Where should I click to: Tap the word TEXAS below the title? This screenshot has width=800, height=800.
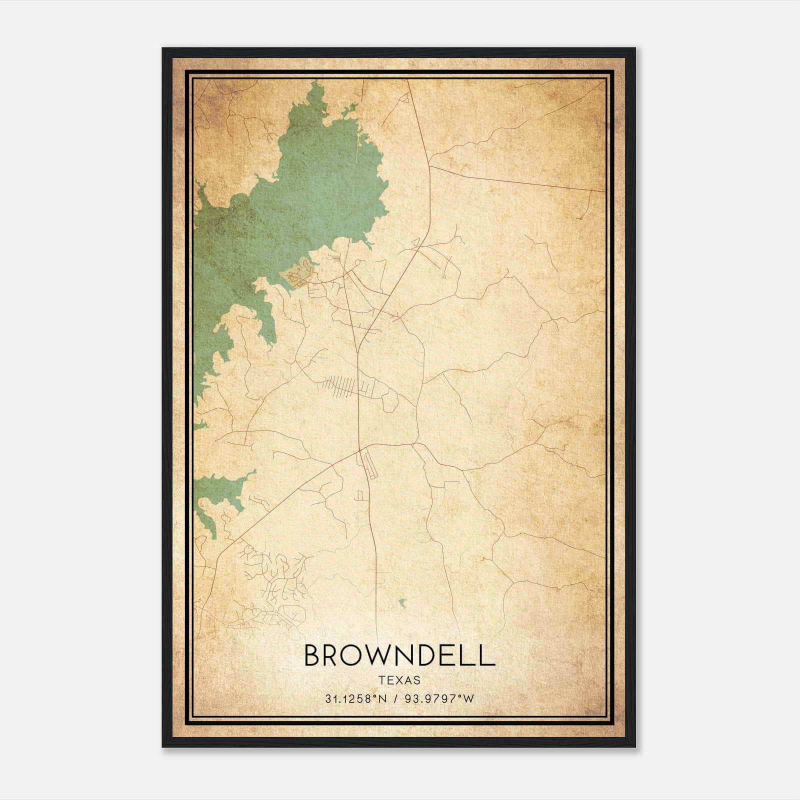pos(399,680)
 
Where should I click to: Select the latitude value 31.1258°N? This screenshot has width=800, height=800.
pos(354,698)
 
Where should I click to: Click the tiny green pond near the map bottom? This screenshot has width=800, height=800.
pos(402,603)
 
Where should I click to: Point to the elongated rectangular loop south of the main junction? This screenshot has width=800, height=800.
pos(369,462)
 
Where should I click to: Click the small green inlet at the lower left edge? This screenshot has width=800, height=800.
pos(220,492)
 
